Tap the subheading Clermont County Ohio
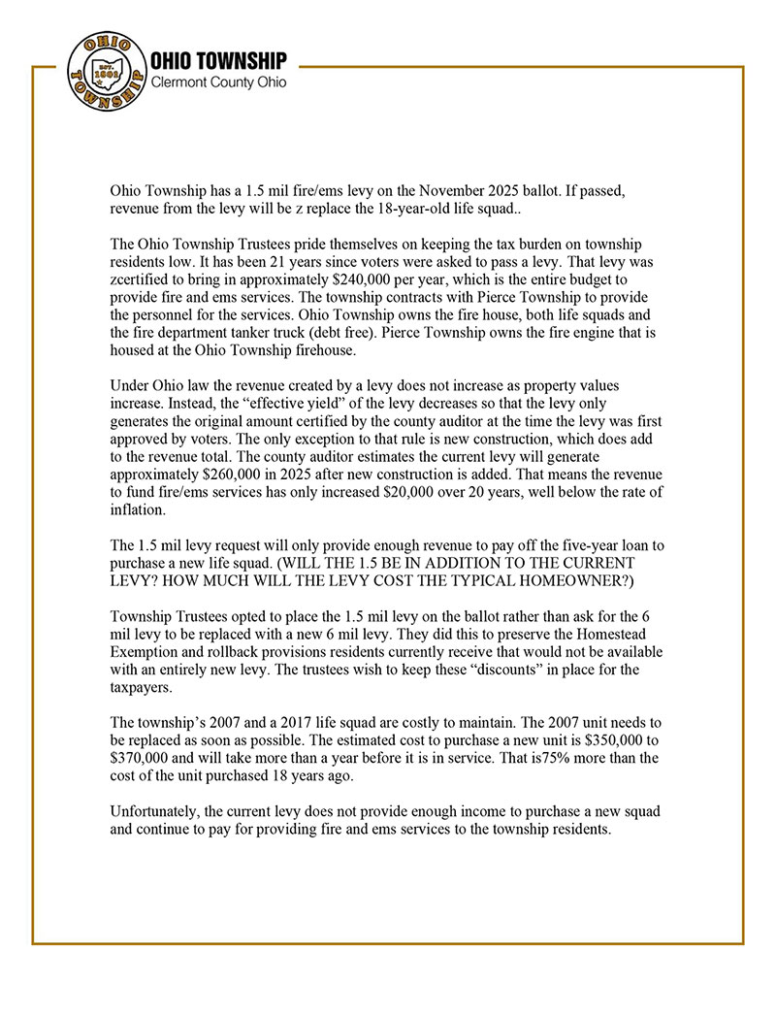(x=218, y=83)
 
